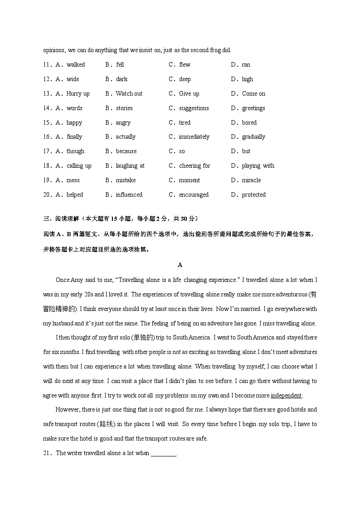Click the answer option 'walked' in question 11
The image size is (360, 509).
[75, 65]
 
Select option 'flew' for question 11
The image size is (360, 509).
[185, 65]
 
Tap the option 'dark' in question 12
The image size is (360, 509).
[122, 79]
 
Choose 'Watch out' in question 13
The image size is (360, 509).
[129, 94]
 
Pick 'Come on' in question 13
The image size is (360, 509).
[253, 94]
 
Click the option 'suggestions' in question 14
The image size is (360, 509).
[194, 108]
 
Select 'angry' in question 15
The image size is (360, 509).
[123, 123]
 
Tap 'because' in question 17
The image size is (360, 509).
[126, 151]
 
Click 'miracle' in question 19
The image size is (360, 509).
[251, 180]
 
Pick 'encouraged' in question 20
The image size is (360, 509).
[194, 195]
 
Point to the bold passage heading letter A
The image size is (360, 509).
[180, 265]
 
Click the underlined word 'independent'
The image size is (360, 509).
[286, 396]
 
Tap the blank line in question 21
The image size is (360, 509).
[163, 453]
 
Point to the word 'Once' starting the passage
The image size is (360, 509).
[63, 280]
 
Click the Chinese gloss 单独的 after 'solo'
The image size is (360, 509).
[143, 338]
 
